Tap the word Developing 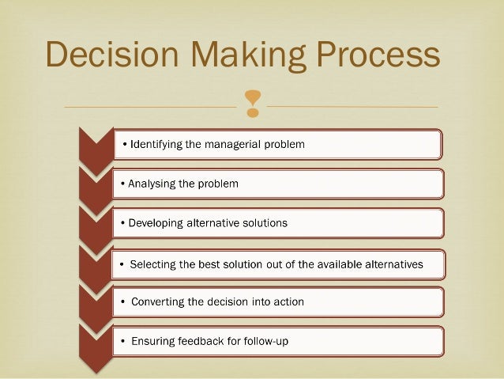tap(153, 223)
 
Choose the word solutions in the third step tap(264, 223)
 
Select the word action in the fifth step tap(287, 302)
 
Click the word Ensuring tap(155, 342)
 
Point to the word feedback tap(207, 342)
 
